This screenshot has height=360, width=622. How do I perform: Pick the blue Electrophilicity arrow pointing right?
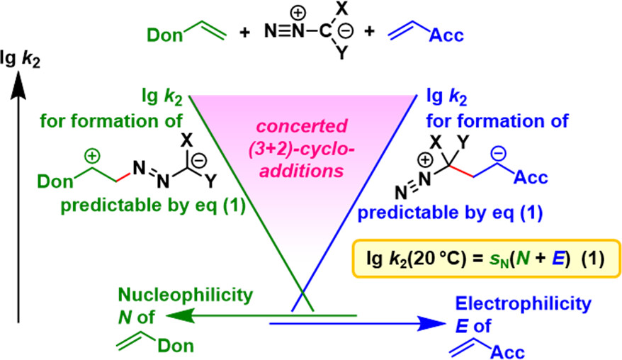coord(354,324)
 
